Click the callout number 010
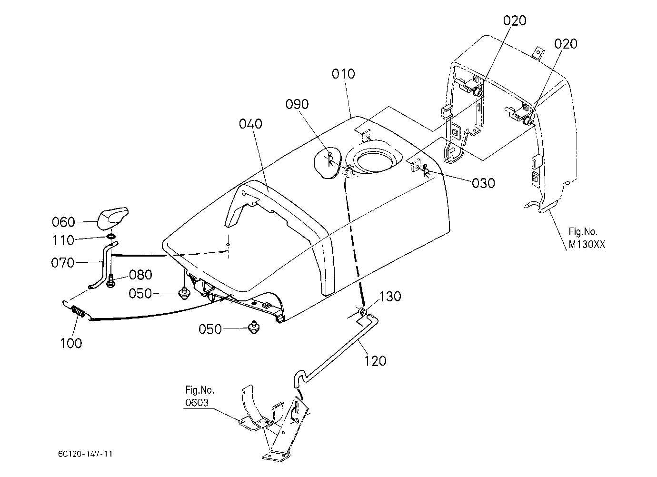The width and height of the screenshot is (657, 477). point(343,74)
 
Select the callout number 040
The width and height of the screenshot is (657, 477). point(250,124)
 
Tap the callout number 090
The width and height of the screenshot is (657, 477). point(297,104)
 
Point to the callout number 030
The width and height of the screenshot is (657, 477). point(483,183)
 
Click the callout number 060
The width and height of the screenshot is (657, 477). point(63,222)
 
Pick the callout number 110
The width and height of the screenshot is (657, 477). point(63,240)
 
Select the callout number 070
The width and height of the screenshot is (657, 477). point(62,263)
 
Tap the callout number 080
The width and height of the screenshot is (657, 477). point(140,275)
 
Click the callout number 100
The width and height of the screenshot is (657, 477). point(71,343)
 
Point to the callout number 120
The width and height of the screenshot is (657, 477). point(375,360)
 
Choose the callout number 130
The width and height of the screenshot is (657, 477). point(390,297)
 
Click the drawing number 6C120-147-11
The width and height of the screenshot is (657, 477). point(85,454)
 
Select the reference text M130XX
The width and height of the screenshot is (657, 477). point(587,245)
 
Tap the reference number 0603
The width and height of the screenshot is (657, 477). point(197,402)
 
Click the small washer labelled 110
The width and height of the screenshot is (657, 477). point(111,236)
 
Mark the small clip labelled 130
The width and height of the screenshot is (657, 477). point(363,311)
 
